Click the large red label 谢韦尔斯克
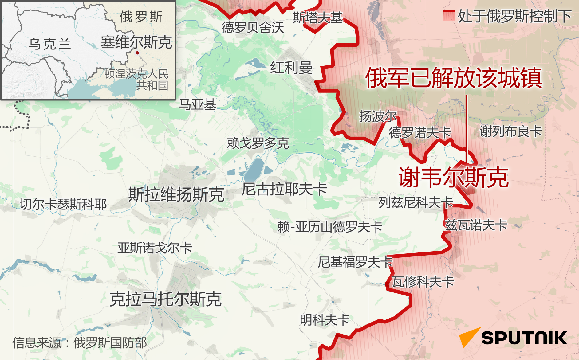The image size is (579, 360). (454, 178)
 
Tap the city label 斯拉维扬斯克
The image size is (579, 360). (176, 194)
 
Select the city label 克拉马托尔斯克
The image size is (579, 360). (166, 299)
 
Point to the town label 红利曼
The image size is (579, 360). (291, 68)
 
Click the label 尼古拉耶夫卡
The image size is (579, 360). (284, 189)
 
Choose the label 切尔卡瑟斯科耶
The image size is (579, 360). (63, 204)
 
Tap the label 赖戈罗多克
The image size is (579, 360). (258, 143)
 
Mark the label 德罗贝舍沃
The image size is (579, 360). (253, 28)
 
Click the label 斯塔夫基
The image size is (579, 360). (317, 17)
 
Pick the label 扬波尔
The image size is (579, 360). (378, 116)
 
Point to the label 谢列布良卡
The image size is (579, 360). (510, 131)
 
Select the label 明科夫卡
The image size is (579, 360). (325, 320)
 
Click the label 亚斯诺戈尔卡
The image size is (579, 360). (155, 248)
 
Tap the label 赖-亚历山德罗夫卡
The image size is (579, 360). (330, 227)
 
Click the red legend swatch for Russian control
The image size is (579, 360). (448, 15)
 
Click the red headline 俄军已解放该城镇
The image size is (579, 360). (454, 78)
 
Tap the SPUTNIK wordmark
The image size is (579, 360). (524, 338)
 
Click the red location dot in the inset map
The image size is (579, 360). (137, 53)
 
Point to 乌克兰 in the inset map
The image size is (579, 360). (49, 44)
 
